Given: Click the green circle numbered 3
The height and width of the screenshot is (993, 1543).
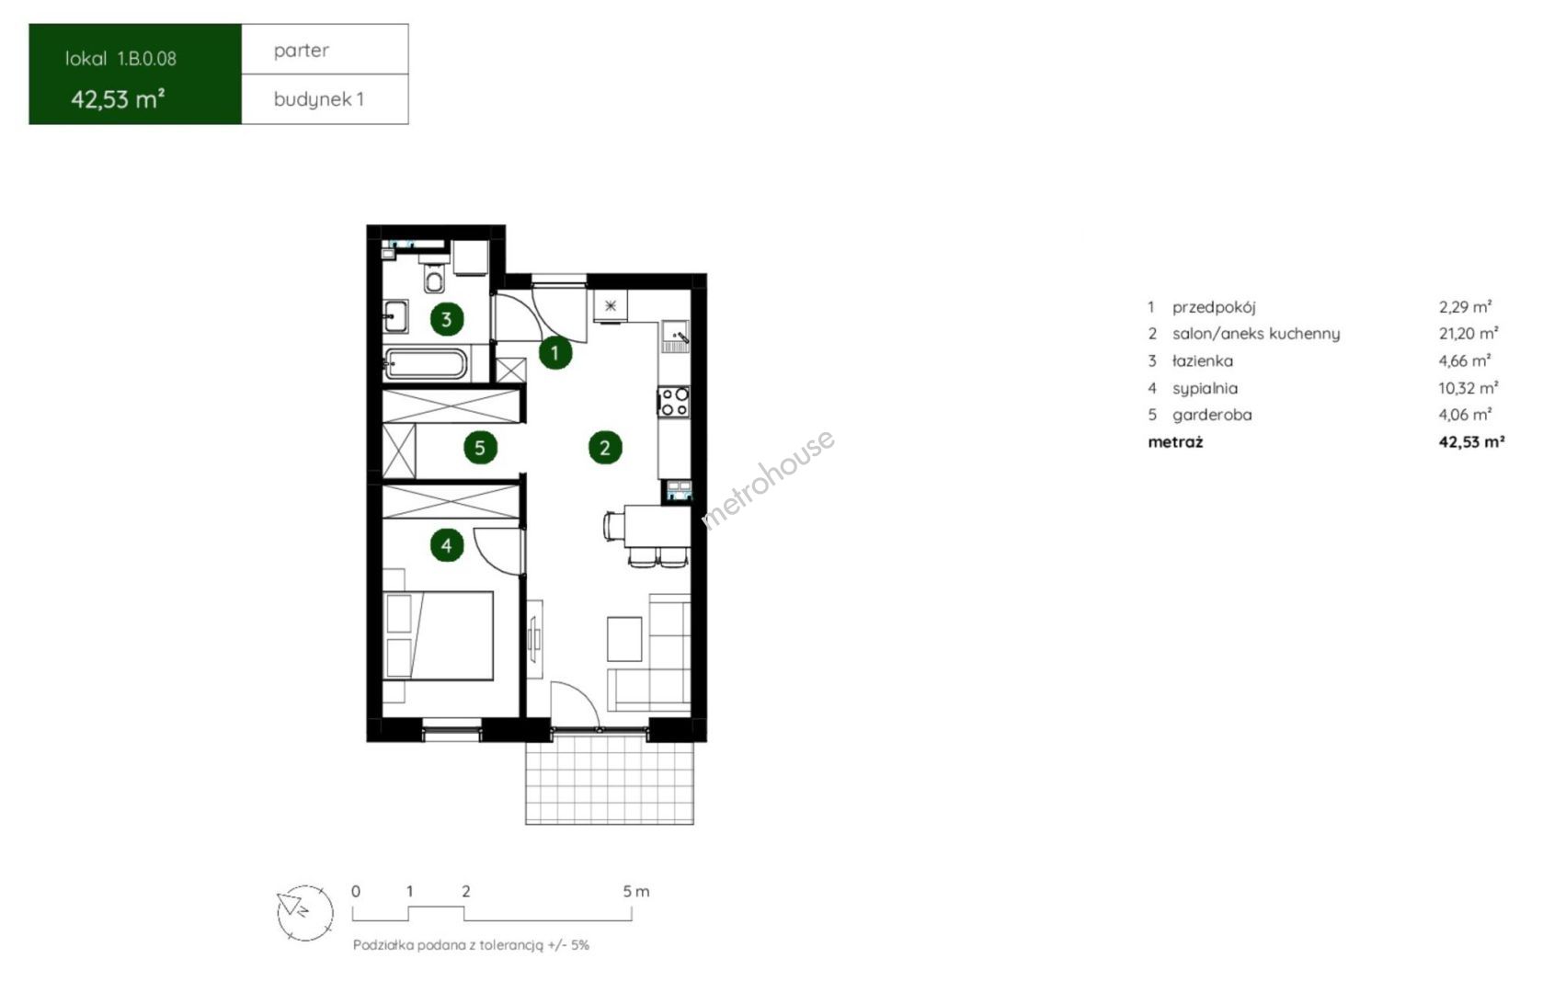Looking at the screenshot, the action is coord(446,320).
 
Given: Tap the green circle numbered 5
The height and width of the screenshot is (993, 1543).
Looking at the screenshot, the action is coord(480,449).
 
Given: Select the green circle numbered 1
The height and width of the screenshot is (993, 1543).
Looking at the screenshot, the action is coord(554,353).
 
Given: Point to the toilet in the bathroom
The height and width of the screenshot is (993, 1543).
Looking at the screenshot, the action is coord(434,275).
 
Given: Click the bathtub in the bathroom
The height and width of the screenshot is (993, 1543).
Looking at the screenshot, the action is coord(426,363).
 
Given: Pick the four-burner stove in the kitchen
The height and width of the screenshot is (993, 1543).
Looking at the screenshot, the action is coord(674,402).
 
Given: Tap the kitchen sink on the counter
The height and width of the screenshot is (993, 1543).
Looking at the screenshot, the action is coord(675,337).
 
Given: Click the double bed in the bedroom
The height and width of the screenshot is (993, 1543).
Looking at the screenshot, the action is coord(438,635).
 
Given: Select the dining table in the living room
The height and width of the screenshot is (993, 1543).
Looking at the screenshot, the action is coord(657,526).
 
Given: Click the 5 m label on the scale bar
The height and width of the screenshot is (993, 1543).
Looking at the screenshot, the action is coord(635,892).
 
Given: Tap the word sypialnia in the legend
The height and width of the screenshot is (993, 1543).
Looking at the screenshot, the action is coord(1205,388).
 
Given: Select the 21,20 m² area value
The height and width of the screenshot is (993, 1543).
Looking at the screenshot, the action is coord(1469,333).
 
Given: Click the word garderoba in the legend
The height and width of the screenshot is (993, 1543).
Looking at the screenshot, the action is coord(1212,416).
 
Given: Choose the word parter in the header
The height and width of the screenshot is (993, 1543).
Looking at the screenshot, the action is coord(301,51).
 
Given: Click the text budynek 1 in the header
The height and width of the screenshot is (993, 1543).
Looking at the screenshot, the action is coord(318,100).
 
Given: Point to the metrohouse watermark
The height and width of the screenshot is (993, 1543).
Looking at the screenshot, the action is coord(768,479).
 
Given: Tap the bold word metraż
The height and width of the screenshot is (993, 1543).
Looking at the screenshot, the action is coord(1175,442).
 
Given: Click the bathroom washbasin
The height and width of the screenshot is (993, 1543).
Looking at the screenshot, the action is coord(395,317).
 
